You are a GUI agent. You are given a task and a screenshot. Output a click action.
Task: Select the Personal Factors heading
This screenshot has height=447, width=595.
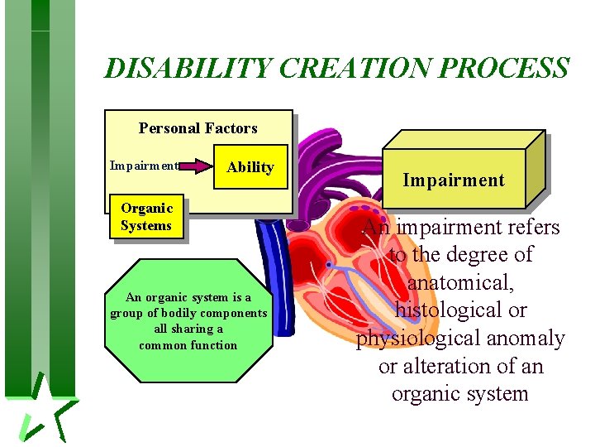[198, 128]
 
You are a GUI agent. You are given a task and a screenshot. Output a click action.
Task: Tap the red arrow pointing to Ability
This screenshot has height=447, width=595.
[196, 166]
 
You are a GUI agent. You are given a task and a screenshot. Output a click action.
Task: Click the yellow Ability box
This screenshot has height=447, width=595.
[250, 167]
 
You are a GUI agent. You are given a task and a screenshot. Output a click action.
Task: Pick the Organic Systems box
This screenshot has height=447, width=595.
[146, 217]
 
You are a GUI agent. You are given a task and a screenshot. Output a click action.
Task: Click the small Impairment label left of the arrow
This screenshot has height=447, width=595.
[144, 166]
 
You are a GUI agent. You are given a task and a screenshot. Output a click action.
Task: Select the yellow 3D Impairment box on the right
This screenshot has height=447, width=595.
[454, 179]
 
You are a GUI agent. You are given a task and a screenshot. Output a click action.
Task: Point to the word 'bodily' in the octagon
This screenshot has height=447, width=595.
[174, 313]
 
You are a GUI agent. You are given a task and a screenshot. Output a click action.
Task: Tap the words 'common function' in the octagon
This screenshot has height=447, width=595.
[188, 345]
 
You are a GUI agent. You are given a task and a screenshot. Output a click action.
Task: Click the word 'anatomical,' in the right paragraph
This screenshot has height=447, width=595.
[460, 282]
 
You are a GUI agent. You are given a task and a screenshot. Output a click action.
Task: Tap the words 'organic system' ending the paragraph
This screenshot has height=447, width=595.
[459, 393]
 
